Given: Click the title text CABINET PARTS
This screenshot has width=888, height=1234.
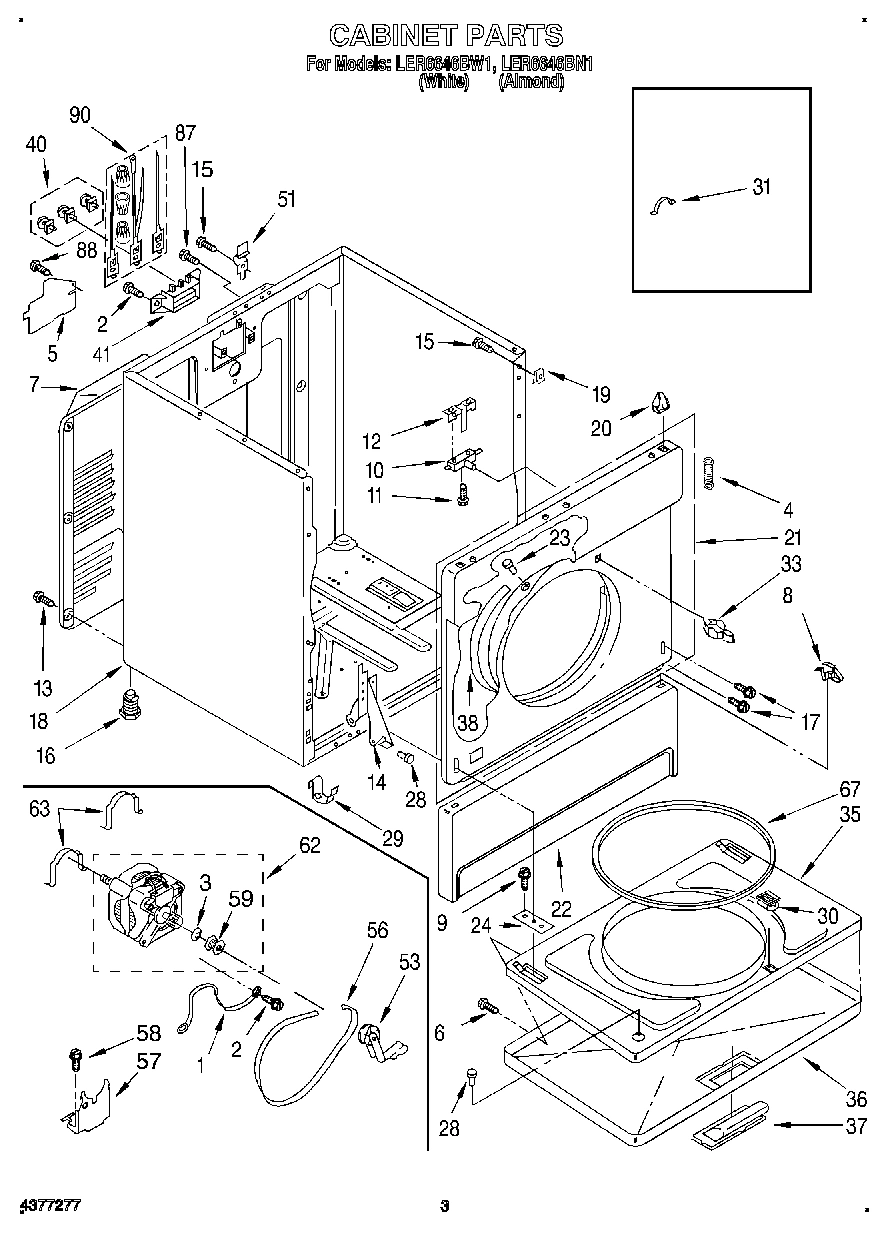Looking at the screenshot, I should pos(446,36).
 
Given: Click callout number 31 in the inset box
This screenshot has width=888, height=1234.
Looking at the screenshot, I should pos(762,186).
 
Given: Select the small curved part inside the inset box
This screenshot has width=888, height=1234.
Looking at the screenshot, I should pos(659,205).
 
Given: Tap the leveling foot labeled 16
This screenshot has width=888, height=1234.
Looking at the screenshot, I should pos(128,704).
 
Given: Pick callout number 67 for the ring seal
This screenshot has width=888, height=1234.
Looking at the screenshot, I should pos(823,787).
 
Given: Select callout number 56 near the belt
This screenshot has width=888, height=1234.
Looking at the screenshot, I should pos(377,930).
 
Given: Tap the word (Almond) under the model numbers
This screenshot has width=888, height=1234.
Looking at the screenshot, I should pos(531,83).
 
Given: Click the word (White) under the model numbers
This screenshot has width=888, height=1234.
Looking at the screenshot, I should pos(443,83).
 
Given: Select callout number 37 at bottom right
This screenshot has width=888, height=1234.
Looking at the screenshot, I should pos(856,1127).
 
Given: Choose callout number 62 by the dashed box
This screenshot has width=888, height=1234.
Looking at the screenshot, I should pos(310,845).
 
